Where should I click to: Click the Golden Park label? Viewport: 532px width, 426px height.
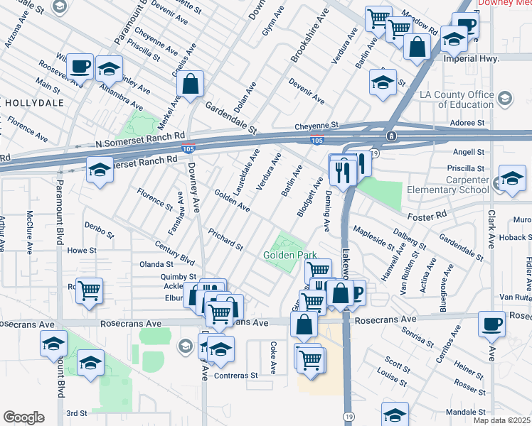(290, 255)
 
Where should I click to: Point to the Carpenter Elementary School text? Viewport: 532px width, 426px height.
(447, 185)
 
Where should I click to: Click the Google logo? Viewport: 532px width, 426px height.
(23, 417)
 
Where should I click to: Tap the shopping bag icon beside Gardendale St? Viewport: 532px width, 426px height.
(191, 85)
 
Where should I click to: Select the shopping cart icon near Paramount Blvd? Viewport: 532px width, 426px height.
(90, 290)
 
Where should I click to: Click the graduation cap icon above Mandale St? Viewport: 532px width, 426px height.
(395, 413)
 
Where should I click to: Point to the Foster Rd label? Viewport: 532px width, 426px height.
(425, 214)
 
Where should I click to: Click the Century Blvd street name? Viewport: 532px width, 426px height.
(175, 254)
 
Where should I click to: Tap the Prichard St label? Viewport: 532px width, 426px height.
(225, 239)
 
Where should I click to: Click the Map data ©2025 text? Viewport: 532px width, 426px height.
(501, 420)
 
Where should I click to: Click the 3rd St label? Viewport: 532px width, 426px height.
(76, 413)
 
